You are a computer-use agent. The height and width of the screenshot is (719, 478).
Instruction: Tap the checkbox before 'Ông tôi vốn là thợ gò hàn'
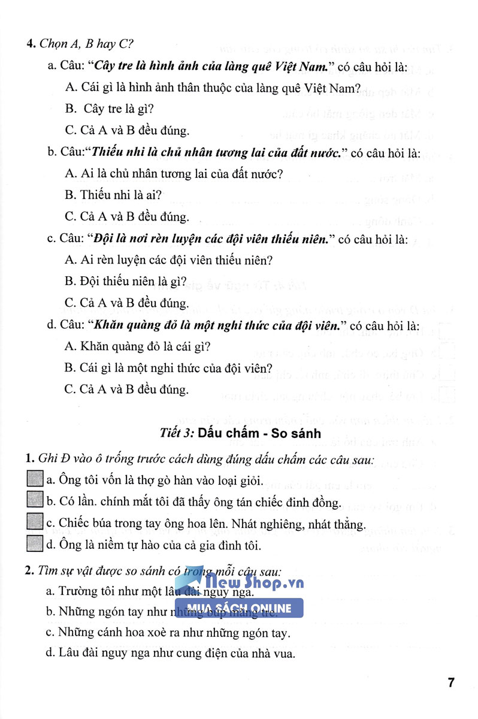35,479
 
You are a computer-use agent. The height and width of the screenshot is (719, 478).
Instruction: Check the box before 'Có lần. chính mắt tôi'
35,502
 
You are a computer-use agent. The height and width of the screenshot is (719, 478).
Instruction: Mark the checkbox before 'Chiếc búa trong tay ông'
35,524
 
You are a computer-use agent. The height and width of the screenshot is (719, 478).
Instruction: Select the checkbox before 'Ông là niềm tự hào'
35,545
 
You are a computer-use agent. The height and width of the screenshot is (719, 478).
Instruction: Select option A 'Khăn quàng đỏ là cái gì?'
132,347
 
